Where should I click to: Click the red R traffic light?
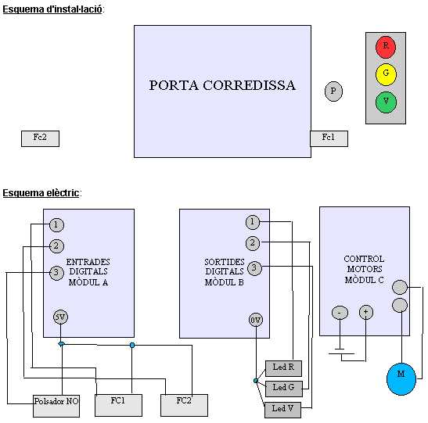(386, 47)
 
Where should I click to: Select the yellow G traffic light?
(386, 74)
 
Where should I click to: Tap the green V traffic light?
(386, 102)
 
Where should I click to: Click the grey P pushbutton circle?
(333, 91)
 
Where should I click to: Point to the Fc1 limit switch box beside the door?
(329, 138)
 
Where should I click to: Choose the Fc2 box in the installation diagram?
(40, 138)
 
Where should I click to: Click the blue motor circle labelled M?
(401, 378)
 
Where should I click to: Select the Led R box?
(283, 368)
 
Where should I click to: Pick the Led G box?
(283, 389)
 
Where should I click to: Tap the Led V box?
(282, 410)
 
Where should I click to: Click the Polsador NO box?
(56, 406)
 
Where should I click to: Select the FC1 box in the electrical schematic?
(118, 405)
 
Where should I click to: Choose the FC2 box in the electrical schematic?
(184, 405)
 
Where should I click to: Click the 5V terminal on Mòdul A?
(60, 317)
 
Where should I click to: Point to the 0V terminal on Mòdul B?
(256, 320)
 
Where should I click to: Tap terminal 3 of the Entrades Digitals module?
(56, 272)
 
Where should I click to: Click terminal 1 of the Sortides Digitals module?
(253, 222)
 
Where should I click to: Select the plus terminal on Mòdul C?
(365, 312)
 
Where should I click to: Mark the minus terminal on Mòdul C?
(340, 313)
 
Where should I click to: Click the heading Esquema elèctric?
(41, 193)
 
